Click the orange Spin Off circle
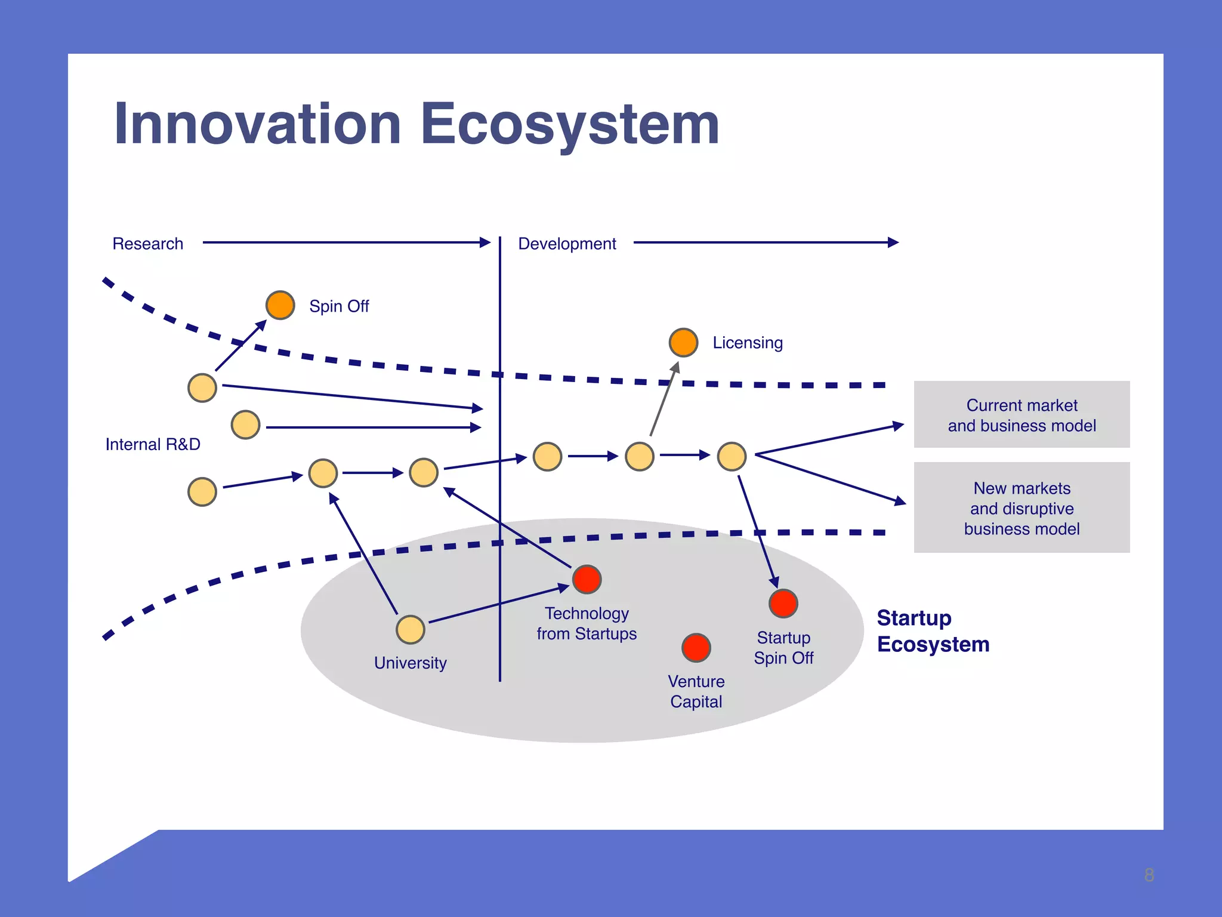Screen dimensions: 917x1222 tap(280, 305)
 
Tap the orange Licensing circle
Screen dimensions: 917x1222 tap(683, 342)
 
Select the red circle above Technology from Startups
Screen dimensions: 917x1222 tap(587, 579)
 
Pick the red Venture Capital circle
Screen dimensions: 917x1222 tap(696, 648)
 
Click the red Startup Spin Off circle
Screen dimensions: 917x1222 tap(783, 604)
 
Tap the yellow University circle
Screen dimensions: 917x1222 tap(411, 630)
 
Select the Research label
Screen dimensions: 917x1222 tap(147, 244)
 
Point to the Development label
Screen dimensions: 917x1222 tap(567, 244)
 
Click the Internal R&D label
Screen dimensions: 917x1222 tap(153, 444)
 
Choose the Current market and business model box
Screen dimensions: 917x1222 tap(1022, 415)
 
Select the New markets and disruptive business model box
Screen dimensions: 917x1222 tap(1022, 508)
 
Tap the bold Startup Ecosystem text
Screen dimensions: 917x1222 tap(933, 631)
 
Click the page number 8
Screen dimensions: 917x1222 tap(1149, 875)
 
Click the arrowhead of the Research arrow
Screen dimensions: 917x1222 tap(485, 242)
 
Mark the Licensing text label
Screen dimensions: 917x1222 tap(748, 343)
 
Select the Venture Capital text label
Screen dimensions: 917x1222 tap(696, 691)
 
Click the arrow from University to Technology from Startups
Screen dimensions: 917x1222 tap(498, 605)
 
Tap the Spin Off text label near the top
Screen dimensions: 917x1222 tap(339, 306)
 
